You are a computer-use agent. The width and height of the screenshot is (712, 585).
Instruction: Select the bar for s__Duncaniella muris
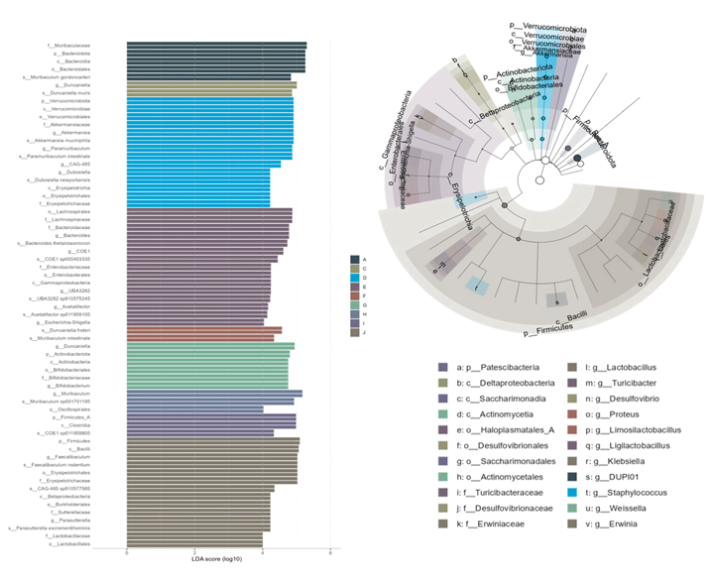(209, 93)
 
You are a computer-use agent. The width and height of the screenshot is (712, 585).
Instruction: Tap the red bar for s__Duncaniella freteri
(204, 329)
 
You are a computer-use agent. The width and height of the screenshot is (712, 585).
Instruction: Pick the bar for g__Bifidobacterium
(207, 386)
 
